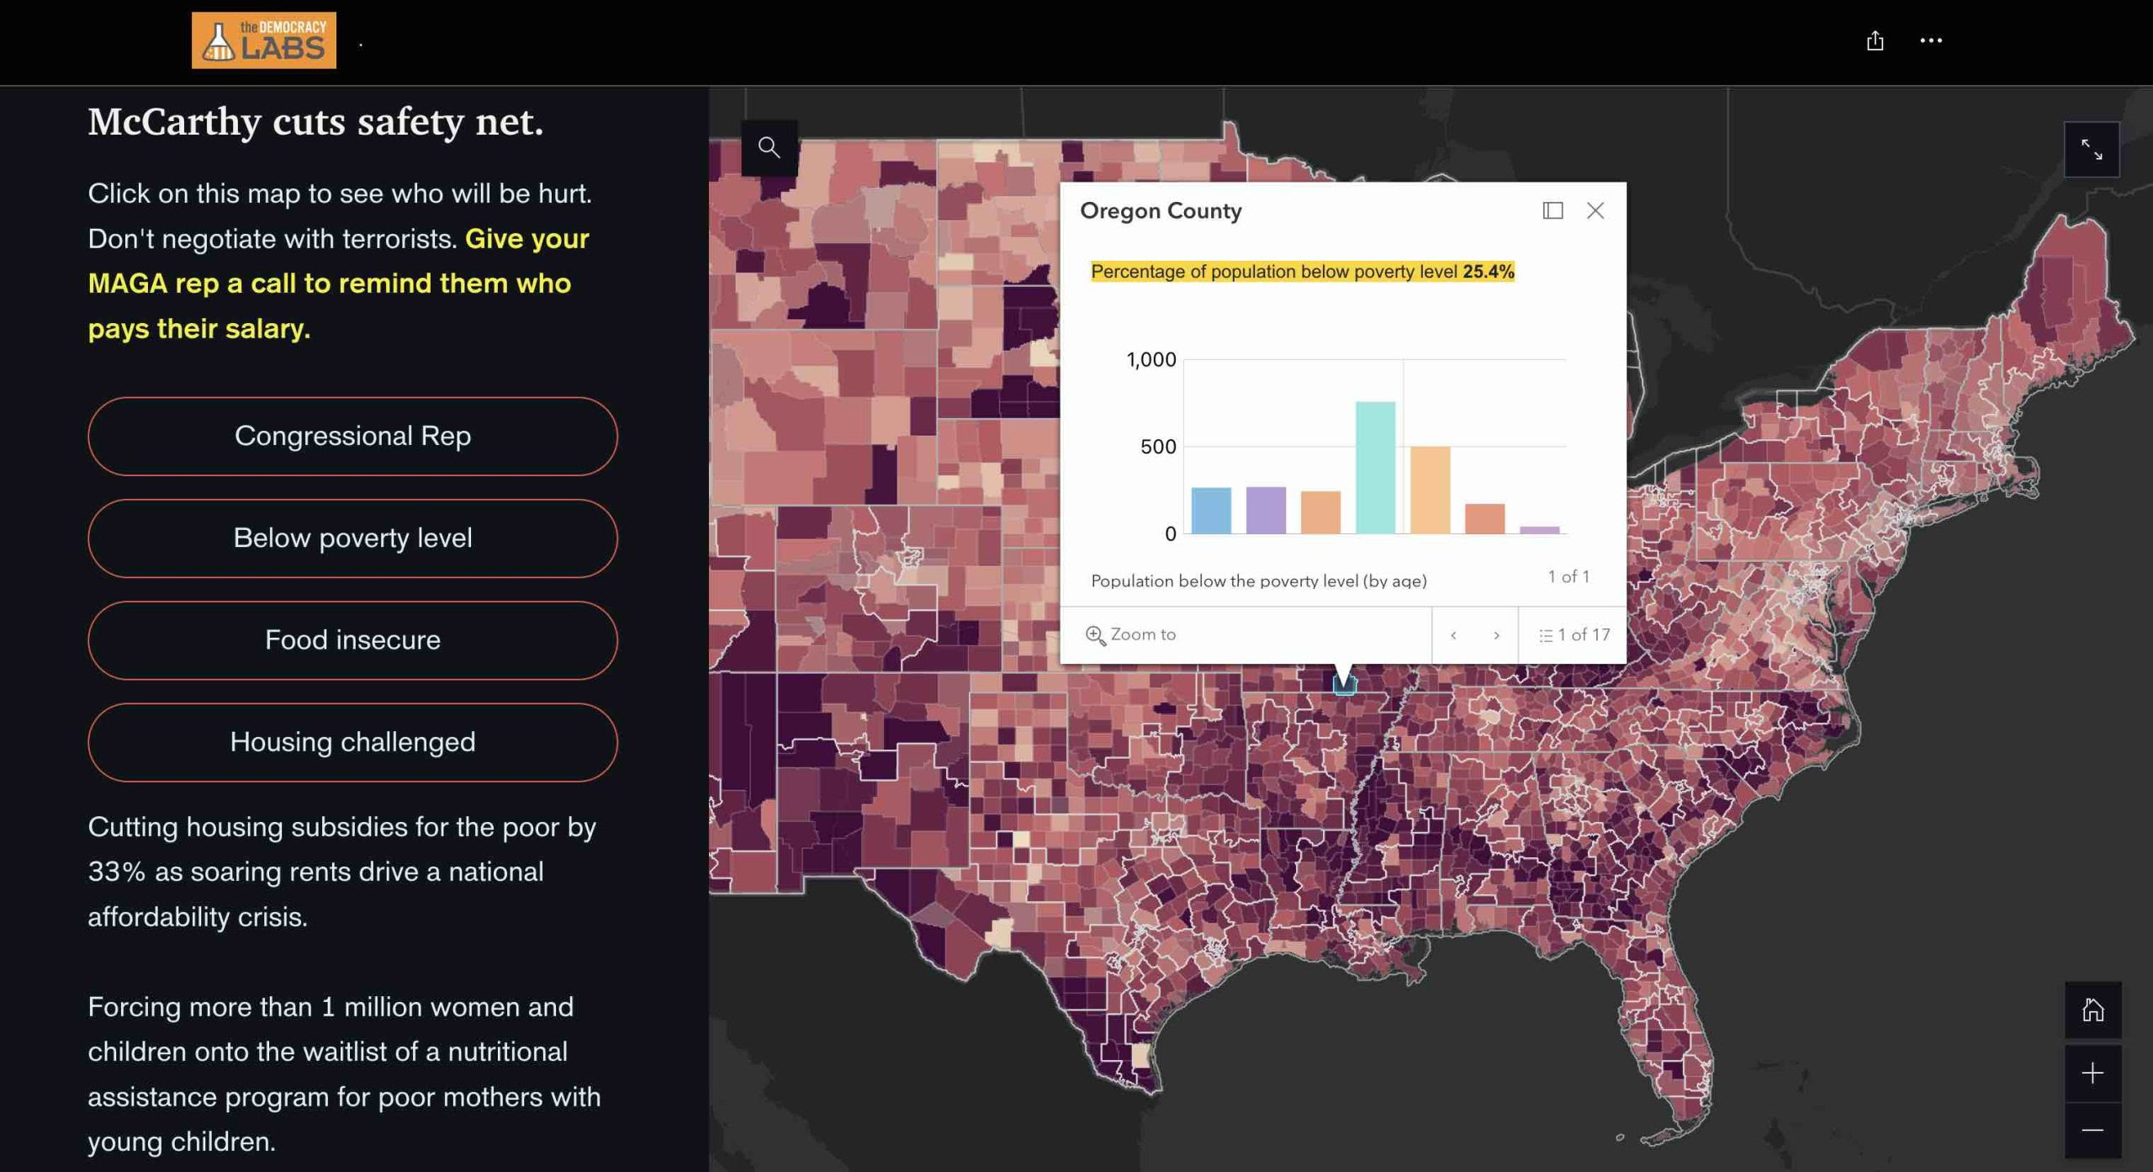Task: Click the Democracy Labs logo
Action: pos(263,40)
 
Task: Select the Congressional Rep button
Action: pos(352,436)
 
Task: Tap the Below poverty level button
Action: pos(352,538)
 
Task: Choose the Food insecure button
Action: pos(352,639)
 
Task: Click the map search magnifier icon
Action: pos(769,147)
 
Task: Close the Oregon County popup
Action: pos(1595,210)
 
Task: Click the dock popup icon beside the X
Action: pos(1553,210)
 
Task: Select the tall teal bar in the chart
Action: pos(1375,467)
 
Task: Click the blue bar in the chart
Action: pos(1211,510)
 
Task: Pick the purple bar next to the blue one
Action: pos(1266,510)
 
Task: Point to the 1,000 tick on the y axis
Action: pos(1151,360)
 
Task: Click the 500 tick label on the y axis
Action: pos(1158,447)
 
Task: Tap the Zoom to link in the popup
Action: pos(1131,634)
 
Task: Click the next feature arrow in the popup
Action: pos(1496,635)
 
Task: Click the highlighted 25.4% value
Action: pos(1488,271)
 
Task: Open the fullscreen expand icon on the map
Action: pos(2092,150)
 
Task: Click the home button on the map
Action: pos(2092,1010)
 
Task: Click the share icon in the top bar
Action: pos(1875,40)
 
